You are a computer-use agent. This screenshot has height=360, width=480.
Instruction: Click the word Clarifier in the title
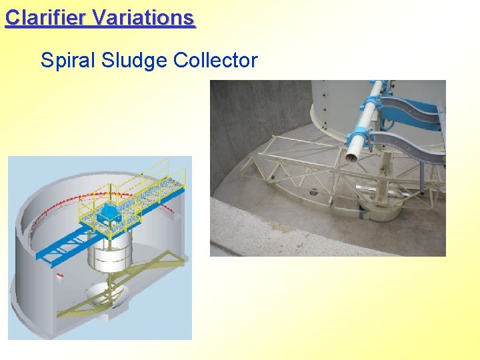tap(47, 17)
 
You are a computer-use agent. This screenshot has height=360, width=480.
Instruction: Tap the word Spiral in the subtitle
tap(68, 61)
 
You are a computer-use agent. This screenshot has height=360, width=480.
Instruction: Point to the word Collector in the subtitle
tap(215, 61)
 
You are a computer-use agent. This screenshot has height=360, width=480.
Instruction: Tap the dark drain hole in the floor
tap(313, 193)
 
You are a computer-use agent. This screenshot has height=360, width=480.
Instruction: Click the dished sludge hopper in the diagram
tap(107, 293)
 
